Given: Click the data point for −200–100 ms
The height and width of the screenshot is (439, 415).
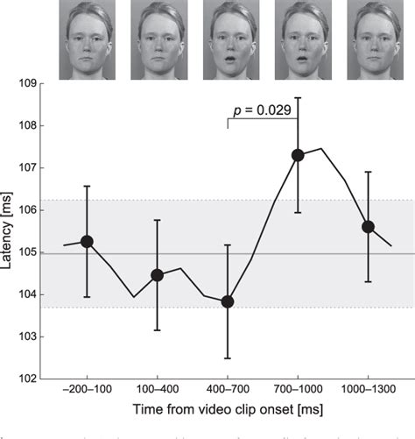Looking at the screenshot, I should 87,241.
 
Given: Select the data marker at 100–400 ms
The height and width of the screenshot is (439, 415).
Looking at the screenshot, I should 157,275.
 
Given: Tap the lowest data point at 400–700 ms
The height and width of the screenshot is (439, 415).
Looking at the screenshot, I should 228,301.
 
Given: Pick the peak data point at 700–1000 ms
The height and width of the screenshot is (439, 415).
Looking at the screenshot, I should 298,155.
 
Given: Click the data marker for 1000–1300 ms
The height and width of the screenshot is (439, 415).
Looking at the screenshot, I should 368,226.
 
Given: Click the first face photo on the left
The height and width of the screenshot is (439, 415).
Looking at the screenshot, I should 87,39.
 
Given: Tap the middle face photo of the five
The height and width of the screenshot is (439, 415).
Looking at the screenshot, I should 228,39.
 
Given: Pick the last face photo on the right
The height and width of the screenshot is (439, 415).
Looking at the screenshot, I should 368,39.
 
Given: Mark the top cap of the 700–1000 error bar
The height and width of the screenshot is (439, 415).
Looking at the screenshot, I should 298,98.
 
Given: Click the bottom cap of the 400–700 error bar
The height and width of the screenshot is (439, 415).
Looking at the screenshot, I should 228,358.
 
